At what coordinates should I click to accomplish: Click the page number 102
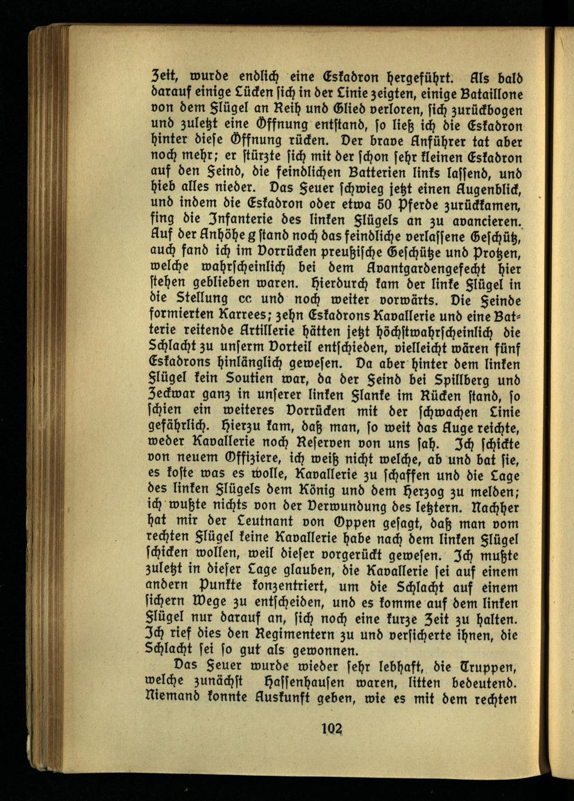tap(332, 731)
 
